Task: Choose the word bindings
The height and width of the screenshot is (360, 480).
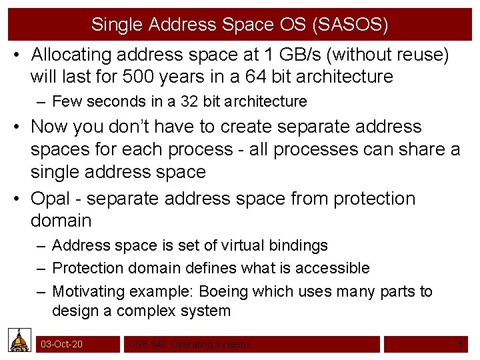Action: [x=299, y=245]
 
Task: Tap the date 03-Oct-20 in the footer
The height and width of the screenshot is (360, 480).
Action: [x=62, y=344]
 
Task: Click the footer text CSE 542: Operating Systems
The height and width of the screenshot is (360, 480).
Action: [x=190, y=344]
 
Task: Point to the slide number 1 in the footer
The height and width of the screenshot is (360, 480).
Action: [x=460, y=344]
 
